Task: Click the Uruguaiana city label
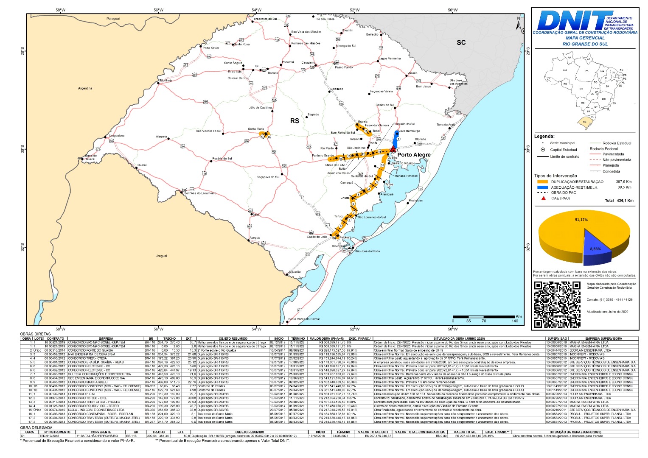pos(117,136)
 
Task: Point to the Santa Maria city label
pos(256,128)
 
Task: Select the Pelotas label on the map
pos(345,237)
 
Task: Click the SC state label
pos(461,42)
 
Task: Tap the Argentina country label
pos(85,88)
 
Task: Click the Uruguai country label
pos(161,256)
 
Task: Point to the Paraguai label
pos(113,19)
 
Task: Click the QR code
pos(557,304)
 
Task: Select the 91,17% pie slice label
pos(581,220)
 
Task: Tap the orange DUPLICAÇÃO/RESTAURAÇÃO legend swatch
pos(542,182)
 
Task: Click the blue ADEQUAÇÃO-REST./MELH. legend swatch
pos(542,187)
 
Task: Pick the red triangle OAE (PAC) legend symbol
pos(543,198)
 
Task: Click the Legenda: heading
pos(544,136)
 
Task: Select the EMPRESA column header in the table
pos(106,338)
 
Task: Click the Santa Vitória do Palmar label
pos(304,319)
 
